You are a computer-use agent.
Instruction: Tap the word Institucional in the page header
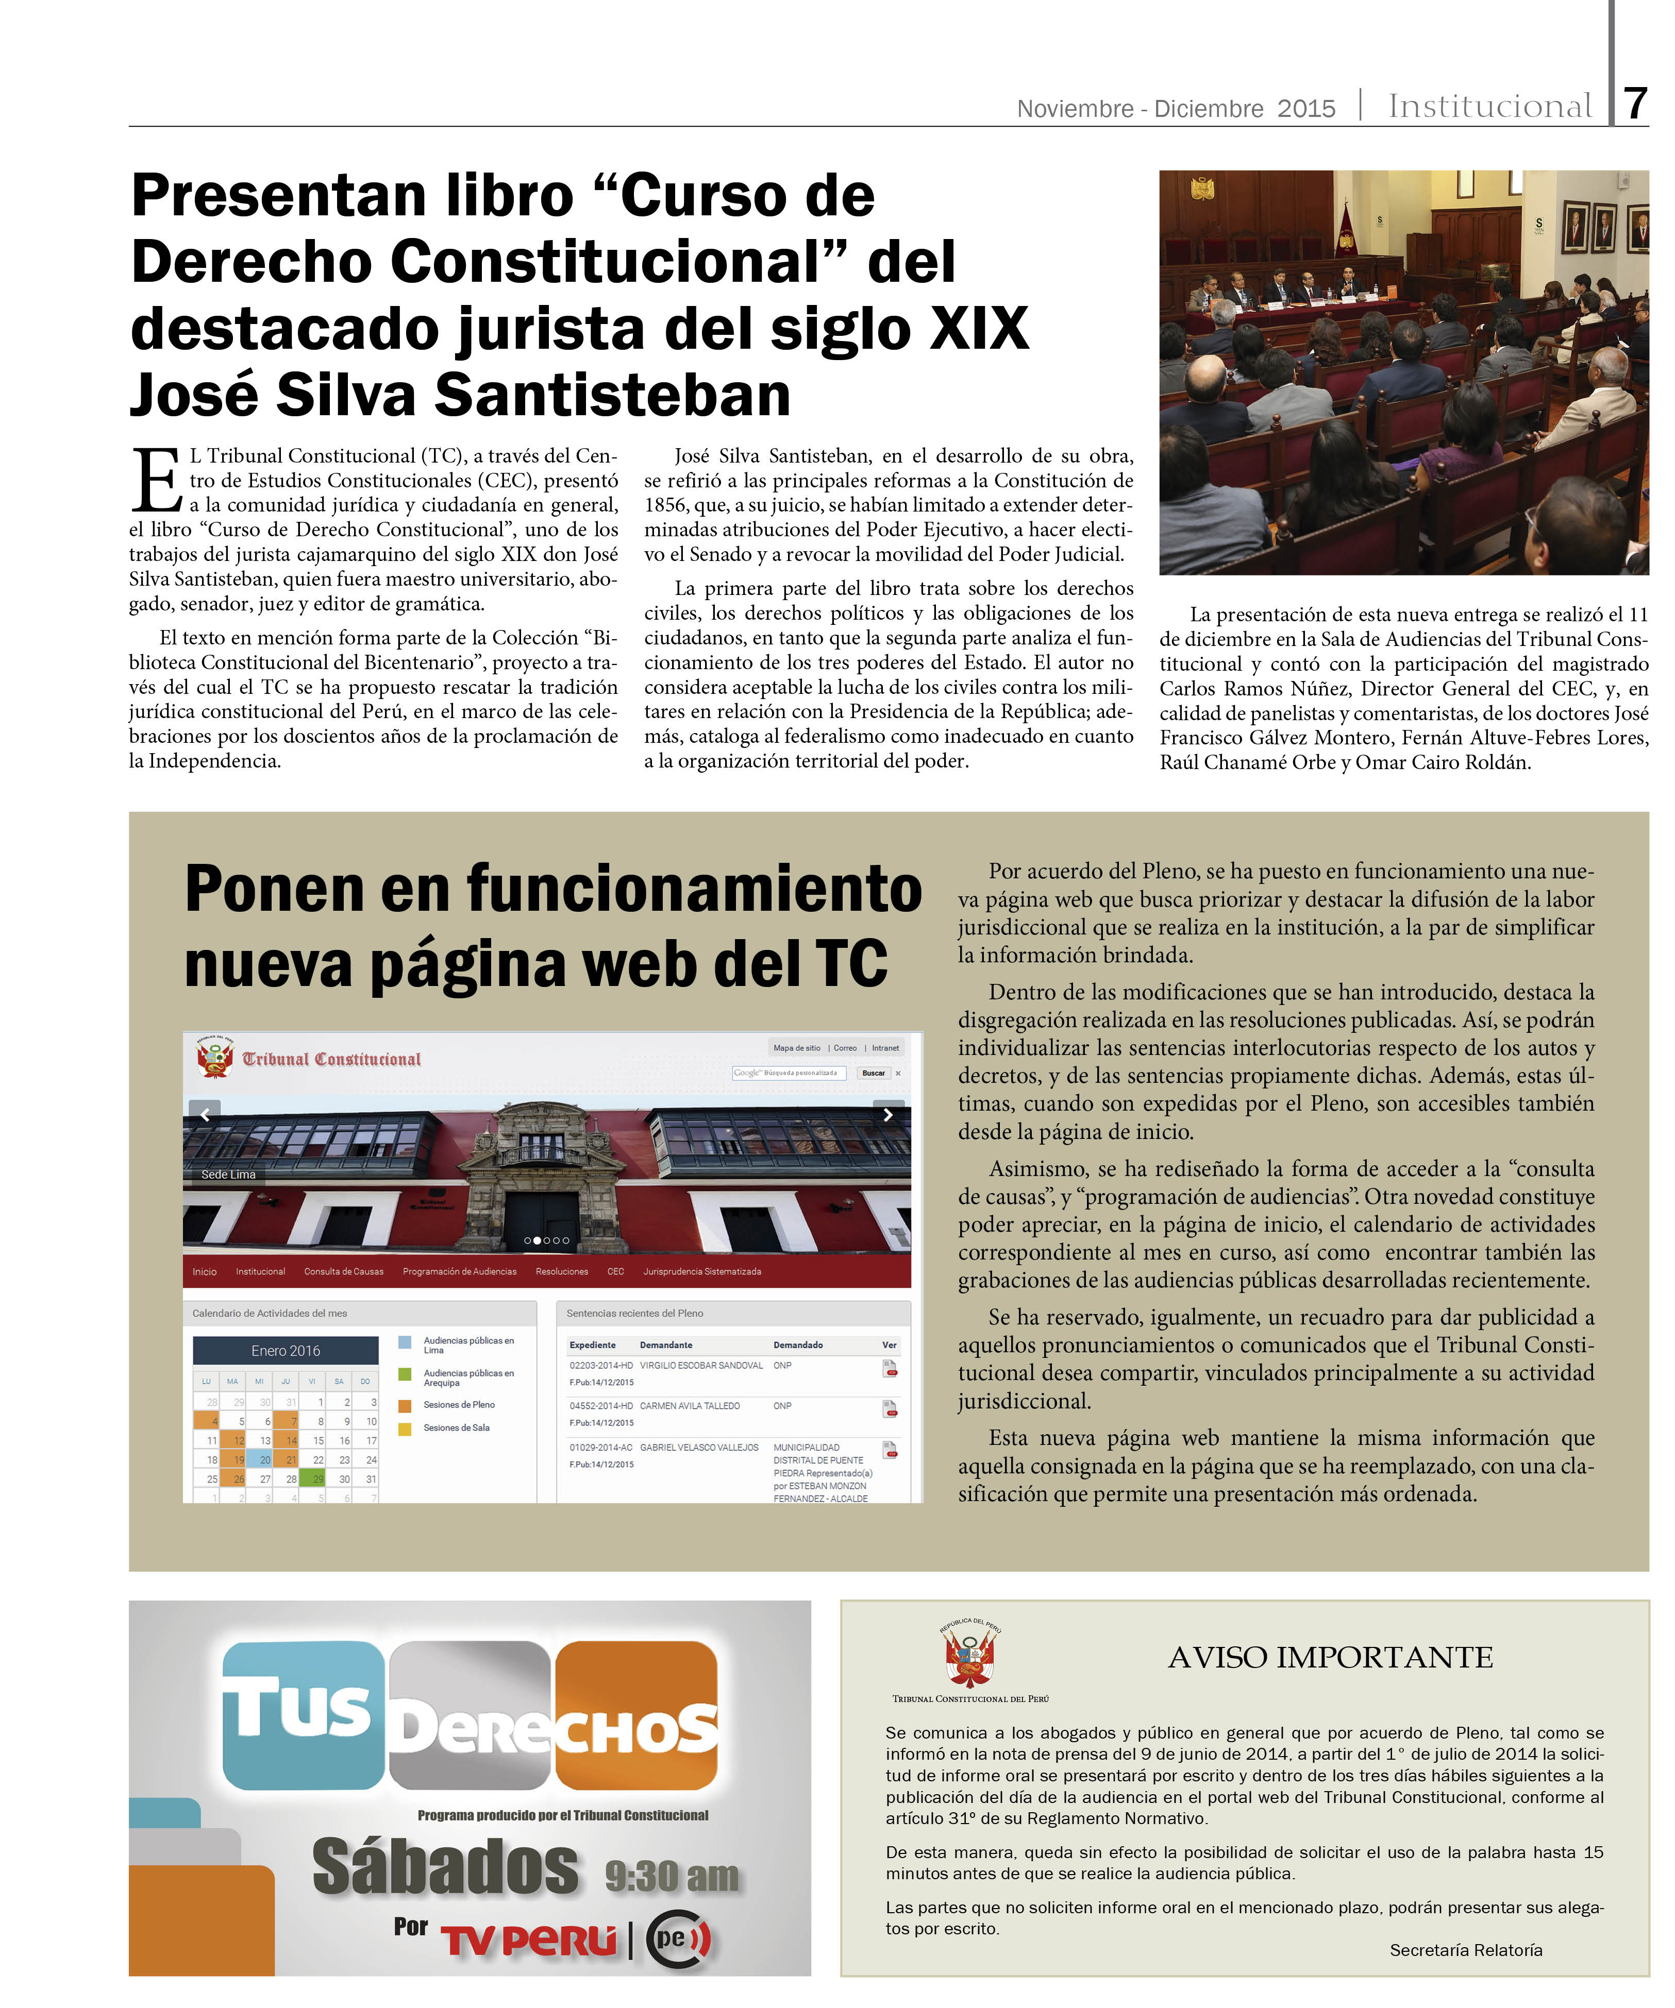click(x=1489, y=106)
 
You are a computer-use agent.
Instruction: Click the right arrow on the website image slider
click(x=887, y=1114)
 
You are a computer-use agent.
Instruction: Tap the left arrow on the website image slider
click(x=205, y=1114)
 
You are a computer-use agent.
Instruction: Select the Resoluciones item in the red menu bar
click(x=562, y=1271)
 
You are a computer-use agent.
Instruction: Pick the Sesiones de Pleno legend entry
click(x=458, y=1405)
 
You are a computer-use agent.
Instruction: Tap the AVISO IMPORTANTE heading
click(x=1330, y=1657)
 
